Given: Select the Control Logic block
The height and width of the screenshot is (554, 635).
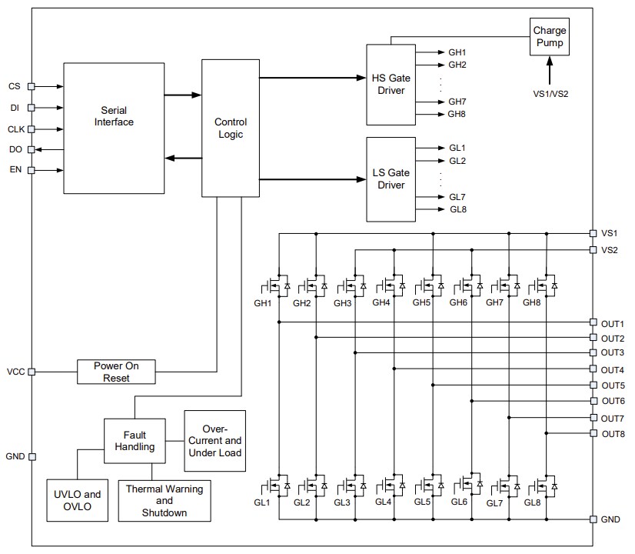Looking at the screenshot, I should (x=230, y=128).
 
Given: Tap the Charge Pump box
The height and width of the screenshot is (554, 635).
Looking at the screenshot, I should (x=550, y=37).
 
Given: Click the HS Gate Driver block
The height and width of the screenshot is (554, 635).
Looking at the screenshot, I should (x=391, y=85).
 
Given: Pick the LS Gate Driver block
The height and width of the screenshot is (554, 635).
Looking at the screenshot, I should (x=391, y=179).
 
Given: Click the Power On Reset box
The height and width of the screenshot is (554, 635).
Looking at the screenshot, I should (x=116, y=372).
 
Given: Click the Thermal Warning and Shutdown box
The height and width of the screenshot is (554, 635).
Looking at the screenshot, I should (x=164, y=501).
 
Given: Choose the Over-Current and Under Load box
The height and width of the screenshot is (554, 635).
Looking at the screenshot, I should (x=215, y=441).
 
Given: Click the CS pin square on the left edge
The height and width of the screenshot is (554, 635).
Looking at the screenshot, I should (x=32, y=87).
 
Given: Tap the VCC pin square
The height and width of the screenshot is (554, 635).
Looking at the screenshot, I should (x=32, y=372).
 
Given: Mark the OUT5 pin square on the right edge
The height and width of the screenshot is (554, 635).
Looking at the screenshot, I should (x=593, y=385).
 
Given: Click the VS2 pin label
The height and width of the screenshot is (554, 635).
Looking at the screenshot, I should (x=610, y=250).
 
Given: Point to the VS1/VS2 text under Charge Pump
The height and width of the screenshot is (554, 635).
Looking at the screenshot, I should (x=550, y=94).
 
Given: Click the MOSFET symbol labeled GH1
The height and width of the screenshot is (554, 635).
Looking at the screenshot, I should (x=275, y=286).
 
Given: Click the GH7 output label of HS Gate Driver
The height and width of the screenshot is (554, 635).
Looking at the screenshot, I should (x=457, y=102).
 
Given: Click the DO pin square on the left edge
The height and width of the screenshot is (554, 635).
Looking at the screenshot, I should (x=32, y=149).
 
